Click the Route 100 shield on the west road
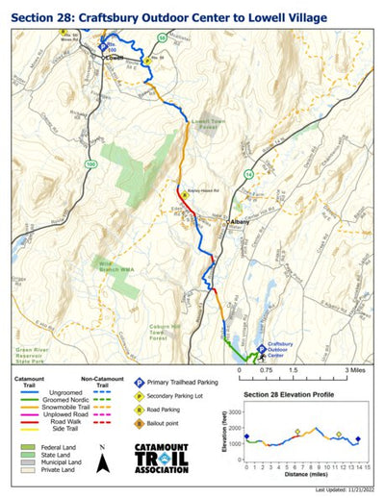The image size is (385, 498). pyautogui.click(x=90, y=165)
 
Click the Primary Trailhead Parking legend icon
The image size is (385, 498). pyautogui.click(x=139, y=382)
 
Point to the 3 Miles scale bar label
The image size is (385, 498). pyautogui.click(x=352, y=369)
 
